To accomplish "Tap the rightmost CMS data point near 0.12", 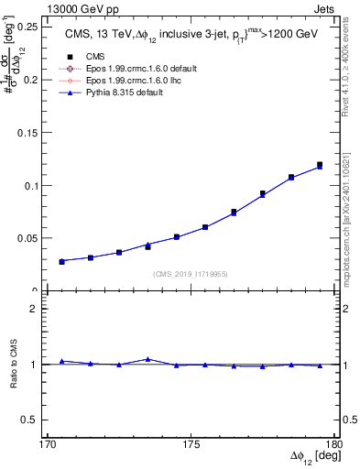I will coord(320,165).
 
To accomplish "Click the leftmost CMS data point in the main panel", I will coord(62,261).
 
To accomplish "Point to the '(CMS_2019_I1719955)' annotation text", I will coord(191,273).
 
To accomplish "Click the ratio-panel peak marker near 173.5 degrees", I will coord(147,359).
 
